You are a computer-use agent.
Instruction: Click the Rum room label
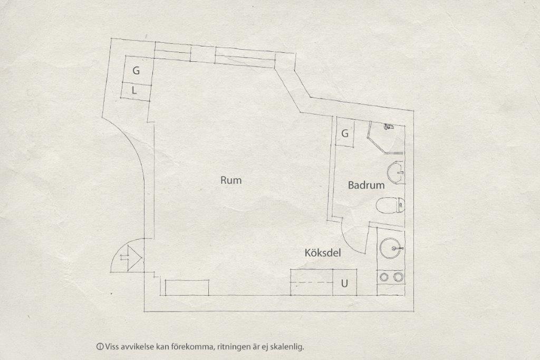231,180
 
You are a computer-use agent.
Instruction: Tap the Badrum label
366,185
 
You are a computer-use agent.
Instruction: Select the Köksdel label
323,253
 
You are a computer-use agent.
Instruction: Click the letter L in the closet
134,91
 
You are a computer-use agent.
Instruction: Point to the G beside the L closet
136,71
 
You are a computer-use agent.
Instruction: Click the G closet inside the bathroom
345,133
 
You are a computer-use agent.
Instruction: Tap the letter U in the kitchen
344,284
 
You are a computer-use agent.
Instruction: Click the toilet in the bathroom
390,206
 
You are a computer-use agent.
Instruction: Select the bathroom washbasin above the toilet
396,172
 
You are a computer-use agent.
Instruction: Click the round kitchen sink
391,248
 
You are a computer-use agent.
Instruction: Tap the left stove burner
383,276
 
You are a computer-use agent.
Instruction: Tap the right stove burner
398,276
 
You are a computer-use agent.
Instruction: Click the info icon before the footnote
100,347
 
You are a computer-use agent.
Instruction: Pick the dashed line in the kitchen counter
312,283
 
